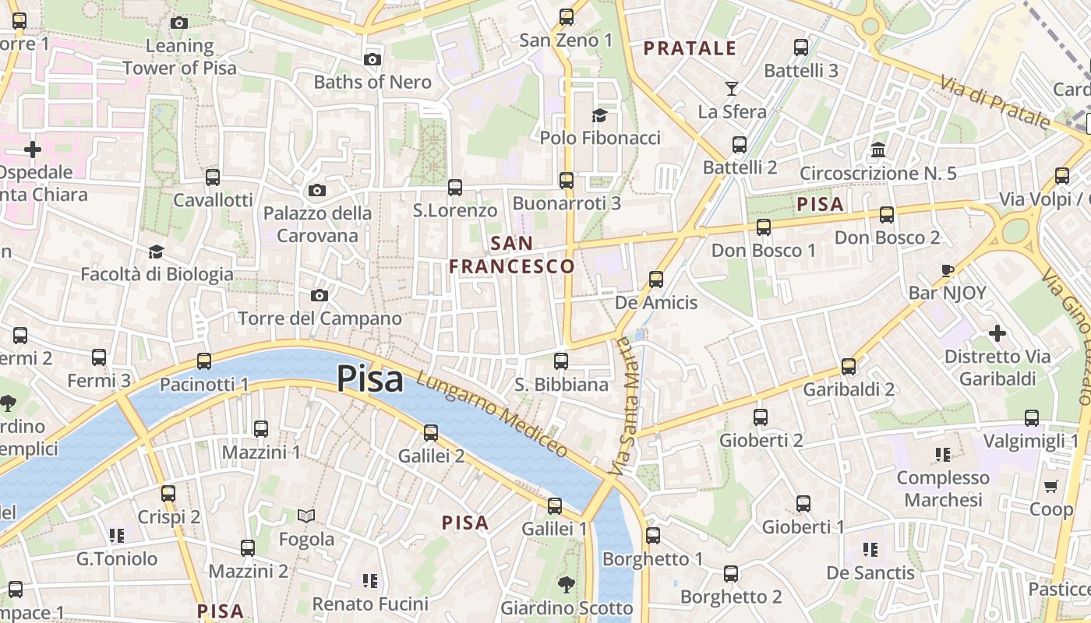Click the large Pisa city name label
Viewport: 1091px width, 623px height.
click(370, 379)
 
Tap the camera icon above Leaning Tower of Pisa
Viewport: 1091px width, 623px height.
click(179, 23)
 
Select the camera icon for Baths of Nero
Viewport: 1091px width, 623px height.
click(372, 60)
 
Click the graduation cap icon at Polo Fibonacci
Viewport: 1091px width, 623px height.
click(599, 116)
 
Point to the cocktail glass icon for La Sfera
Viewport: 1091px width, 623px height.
click(732, 88)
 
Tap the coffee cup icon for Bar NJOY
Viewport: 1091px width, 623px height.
click(948, 271)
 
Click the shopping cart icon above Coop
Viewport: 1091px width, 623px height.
click(1050, 487)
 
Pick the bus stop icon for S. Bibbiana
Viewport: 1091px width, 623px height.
click(561, 361)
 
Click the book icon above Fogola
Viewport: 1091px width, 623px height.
click(306, 516)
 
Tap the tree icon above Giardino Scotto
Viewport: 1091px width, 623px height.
click(567, 584)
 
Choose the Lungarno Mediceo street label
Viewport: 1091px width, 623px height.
click(493, 414)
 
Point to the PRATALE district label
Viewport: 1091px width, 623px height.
click(690, 48)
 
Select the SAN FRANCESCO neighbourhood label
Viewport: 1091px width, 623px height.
click(512, 255)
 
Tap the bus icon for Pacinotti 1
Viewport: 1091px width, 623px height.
click(204, 361)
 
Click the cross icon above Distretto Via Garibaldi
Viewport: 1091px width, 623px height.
click(997, 334)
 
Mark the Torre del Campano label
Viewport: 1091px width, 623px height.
click(320, 319)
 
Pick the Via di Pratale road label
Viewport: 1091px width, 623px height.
click(994, 102)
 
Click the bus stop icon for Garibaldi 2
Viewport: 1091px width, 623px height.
click(849, 366)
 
